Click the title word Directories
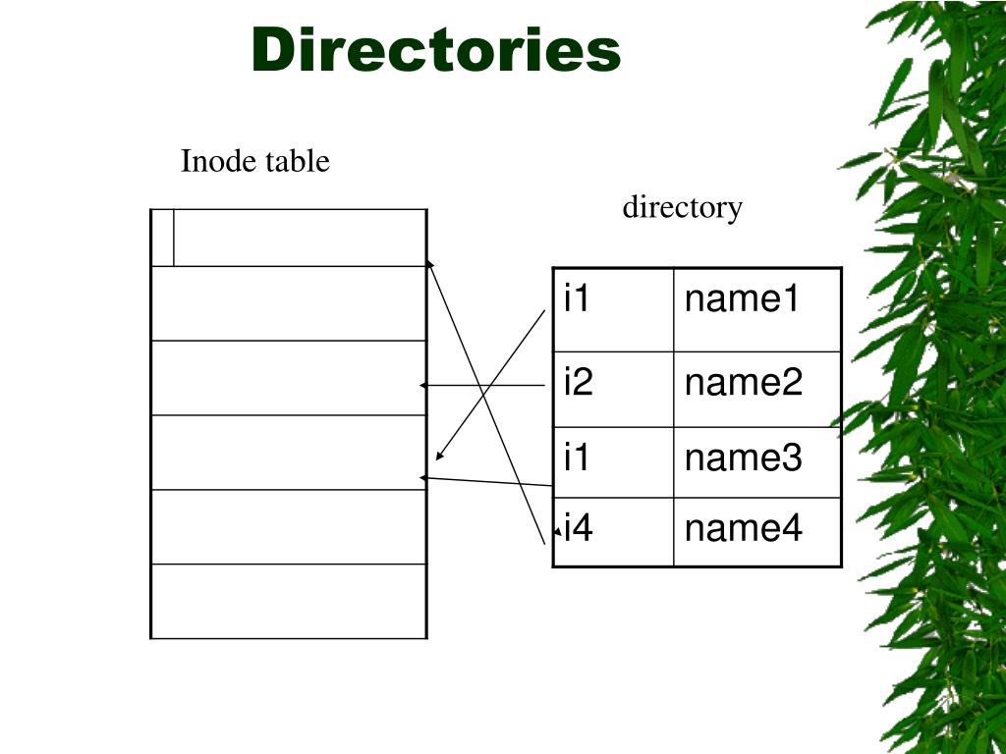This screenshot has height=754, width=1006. tap(436, 50)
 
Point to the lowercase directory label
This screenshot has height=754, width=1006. tap(682, 208)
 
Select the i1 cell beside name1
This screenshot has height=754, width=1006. tap(613, 309)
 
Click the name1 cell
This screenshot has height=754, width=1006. tap(756, 309)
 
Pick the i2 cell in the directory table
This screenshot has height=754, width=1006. tap(613, 389)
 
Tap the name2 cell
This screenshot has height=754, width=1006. tap(756, 389)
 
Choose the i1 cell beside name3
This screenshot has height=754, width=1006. tap(613, 461)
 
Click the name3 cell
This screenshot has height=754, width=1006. tap(756, 461)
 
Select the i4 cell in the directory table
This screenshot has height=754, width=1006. tap(613, 531)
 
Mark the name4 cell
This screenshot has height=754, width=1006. tap(756, 531)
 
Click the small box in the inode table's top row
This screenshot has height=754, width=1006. tap(163, 238)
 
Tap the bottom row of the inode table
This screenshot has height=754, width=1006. tap(289, 601)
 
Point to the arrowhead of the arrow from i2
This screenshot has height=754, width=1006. tap(423, 386)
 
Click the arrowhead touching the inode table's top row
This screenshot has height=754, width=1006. tap(429, 263)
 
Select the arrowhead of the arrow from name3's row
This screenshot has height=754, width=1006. tap(423, 477)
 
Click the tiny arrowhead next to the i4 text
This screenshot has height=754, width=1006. tap(557, 531)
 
